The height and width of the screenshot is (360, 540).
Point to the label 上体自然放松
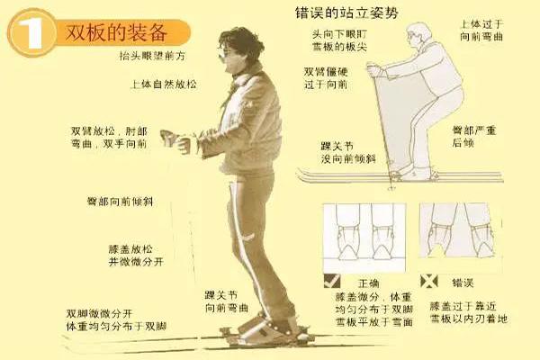[x=163, y=84]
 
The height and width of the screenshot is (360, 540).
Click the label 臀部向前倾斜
[x=119, y=202]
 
